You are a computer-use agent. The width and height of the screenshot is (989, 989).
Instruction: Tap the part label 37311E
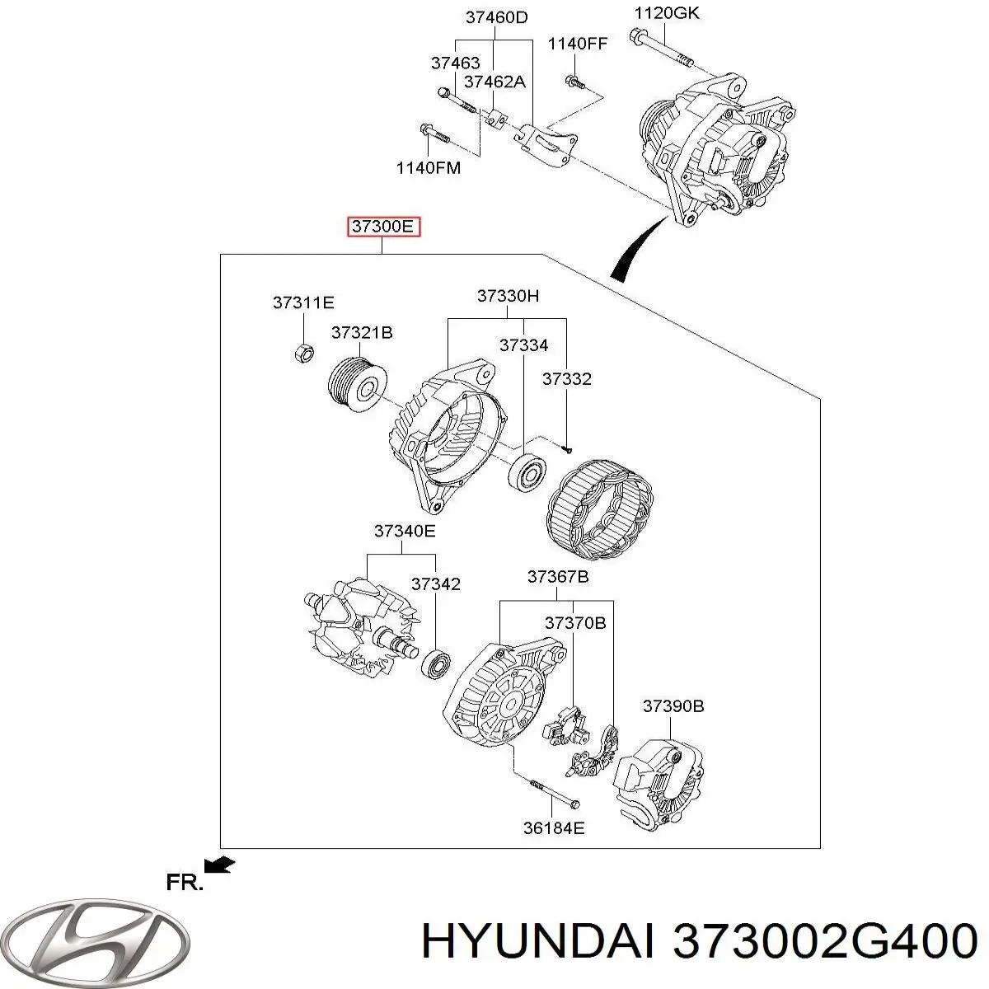point(303,303)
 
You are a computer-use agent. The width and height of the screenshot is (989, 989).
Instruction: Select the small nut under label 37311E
point(302,353)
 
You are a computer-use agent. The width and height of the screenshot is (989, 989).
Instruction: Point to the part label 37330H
point(508,296)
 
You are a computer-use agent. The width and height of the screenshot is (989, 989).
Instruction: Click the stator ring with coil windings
point(600,504)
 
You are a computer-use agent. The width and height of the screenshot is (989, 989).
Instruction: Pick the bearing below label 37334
point(527,473)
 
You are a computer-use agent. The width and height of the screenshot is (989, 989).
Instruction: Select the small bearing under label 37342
point(435,662)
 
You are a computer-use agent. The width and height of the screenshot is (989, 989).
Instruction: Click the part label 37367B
point(558,577)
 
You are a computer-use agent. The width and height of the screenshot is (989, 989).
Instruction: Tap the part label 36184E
point(554,827)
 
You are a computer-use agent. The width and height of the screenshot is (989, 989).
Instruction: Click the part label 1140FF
point(578,44)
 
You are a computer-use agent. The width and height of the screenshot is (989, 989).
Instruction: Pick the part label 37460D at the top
point(496,16)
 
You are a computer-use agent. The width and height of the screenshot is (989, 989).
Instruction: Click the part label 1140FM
point(428,168)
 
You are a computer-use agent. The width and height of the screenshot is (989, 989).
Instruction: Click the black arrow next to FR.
point(220,864)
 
